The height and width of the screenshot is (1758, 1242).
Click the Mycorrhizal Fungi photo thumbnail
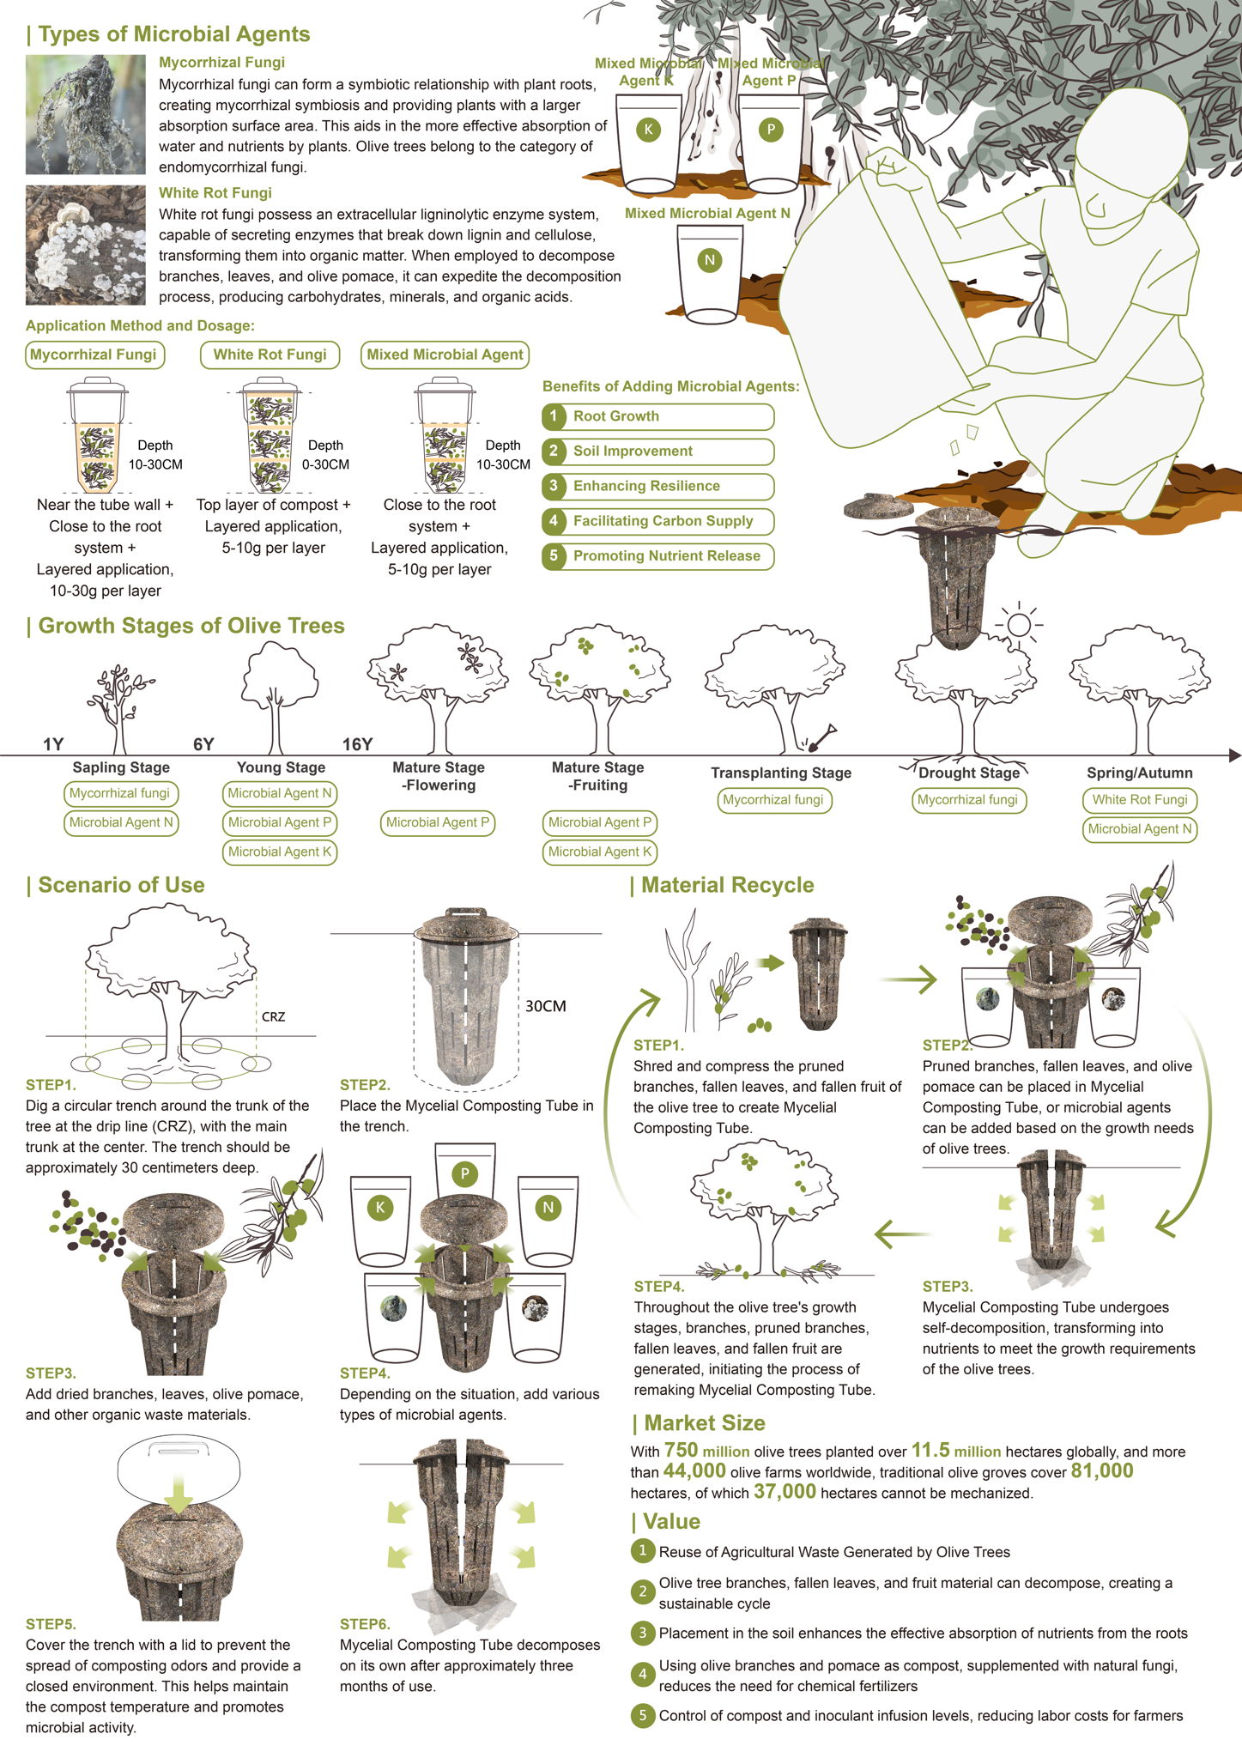[x=86, y=115]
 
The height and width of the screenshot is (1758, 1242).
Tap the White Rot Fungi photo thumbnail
[x=86, y=246]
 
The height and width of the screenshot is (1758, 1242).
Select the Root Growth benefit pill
[x=658, y=416]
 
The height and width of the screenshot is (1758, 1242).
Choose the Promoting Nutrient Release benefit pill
[x=658, y=556]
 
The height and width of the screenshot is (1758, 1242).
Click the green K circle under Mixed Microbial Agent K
[x=648, y=130]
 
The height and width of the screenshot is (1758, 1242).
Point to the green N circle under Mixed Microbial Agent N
[x=709, y=260]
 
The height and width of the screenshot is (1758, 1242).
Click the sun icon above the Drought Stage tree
[x=1019, y=624]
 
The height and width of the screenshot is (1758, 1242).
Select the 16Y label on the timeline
[x=357, y=744]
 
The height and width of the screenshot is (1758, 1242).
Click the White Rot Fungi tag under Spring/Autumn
[x=1140, y=800]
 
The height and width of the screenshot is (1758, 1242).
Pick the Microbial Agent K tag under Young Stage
[x=280, y=852]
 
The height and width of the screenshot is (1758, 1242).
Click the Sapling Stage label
[x=121, y=767]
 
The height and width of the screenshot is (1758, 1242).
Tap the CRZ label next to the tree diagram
[x=273, y=1017]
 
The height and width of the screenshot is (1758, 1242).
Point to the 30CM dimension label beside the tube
[x=546, y=1006]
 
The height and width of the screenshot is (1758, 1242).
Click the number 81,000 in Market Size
[x=1102, y=1471]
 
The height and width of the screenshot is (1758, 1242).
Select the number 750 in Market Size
[x=682, y=1450]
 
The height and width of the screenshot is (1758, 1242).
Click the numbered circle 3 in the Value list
[x=642, y=1633]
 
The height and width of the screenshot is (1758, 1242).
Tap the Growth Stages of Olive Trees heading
[x=191, y=626]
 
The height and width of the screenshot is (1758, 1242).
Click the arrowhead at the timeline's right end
[x=1235, y=755]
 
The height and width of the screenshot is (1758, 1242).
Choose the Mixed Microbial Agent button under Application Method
[x=445, y=355]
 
